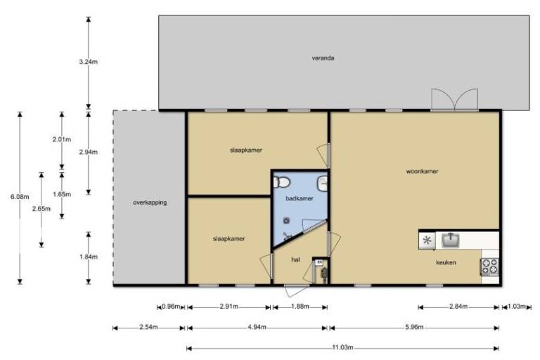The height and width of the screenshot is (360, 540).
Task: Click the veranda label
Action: tap(323, 58)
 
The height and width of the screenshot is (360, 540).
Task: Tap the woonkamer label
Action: tap(422, 172)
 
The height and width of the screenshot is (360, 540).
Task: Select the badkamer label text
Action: tap(300, 198)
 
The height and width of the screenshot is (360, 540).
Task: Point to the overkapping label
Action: tap(150, 202)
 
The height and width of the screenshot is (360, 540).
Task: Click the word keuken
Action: tap(446, 262)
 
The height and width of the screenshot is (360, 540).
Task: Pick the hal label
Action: tap(295, 259)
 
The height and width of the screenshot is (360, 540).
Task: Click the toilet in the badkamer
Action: tap(282, 182)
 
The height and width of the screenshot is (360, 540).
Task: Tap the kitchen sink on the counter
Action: tap(451, 240)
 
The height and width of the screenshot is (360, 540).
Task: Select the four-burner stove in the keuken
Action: tap(489, 266)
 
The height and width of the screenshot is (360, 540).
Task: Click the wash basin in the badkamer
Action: tap(322, 183)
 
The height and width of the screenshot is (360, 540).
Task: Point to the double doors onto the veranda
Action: tap(455, 100)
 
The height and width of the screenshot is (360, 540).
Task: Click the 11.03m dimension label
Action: tap(342, 347)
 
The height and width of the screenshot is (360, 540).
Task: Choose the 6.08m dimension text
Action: tap(20, 197)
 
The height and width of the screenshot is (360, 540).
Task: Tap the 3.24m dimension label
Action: tap(88, 62)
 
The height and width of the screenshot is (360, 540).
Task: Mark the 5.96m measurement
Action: tap(414, 327)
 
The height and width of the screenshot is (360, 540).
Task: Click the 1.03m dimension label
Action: tap(517, 307)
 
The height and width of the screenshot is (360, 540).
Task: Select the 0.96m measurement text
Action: tap(171, 307)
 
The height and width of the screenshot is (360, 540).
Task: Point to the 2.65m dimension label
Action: tap(41, 209)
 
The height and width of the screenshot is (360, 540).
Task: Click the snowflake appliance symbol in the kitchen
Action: tap(427, 240)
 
